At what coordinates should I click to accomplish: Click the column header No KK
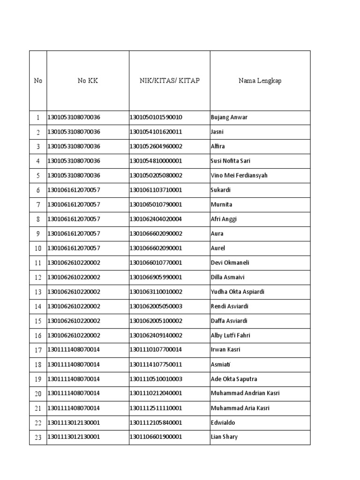pos(88,81)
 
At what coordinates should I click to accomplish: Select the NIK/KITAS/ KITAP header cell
pos(169,81)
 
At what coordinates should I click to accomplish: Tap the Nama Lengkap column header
pos(260,81)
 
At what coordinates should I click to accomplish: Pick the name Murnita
pos(221,204)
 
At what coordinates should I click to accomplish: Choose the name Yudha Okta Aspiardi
pos(238,292)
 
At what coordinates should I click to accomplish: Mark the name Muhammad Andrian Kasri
pos(245,393)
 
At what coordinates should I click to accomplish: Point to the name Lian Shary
pos(224,437)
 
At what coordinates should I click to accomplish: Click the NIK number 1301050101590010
pos(156,117)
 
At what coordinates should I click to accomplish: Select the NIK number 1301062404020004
pos(156,219)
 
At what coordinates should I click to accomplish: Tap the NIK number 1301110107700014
pos(156,350)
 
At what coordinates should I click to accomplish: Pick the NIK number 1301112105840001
pos(156,422)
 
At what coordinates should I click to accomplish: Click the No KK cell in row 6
pos(74,190)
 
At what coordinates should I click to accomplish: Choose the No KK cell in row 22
pos(74,422)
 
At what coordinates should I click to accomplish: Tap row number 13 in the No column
pos(38,292)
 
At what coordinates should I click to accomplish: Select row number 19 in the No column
pos(38,379)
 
